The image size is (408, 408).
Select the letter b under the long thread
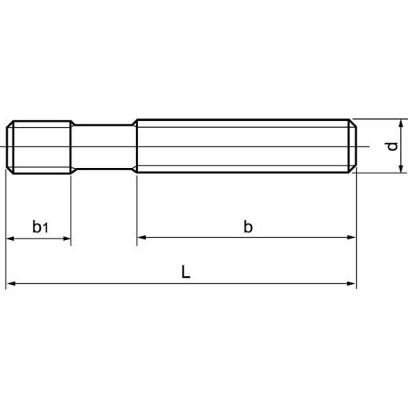248,227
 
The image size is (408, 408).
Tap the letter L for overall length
184,272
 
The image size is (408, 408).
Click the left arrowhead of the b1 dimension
12,237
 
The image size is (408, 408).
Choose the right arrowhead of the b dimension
351,237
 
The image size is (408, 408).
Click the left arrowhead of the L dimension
12,283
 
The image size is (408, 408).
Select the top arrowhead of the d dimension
401,125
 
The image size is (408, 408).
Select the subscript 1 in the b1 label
46,229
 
